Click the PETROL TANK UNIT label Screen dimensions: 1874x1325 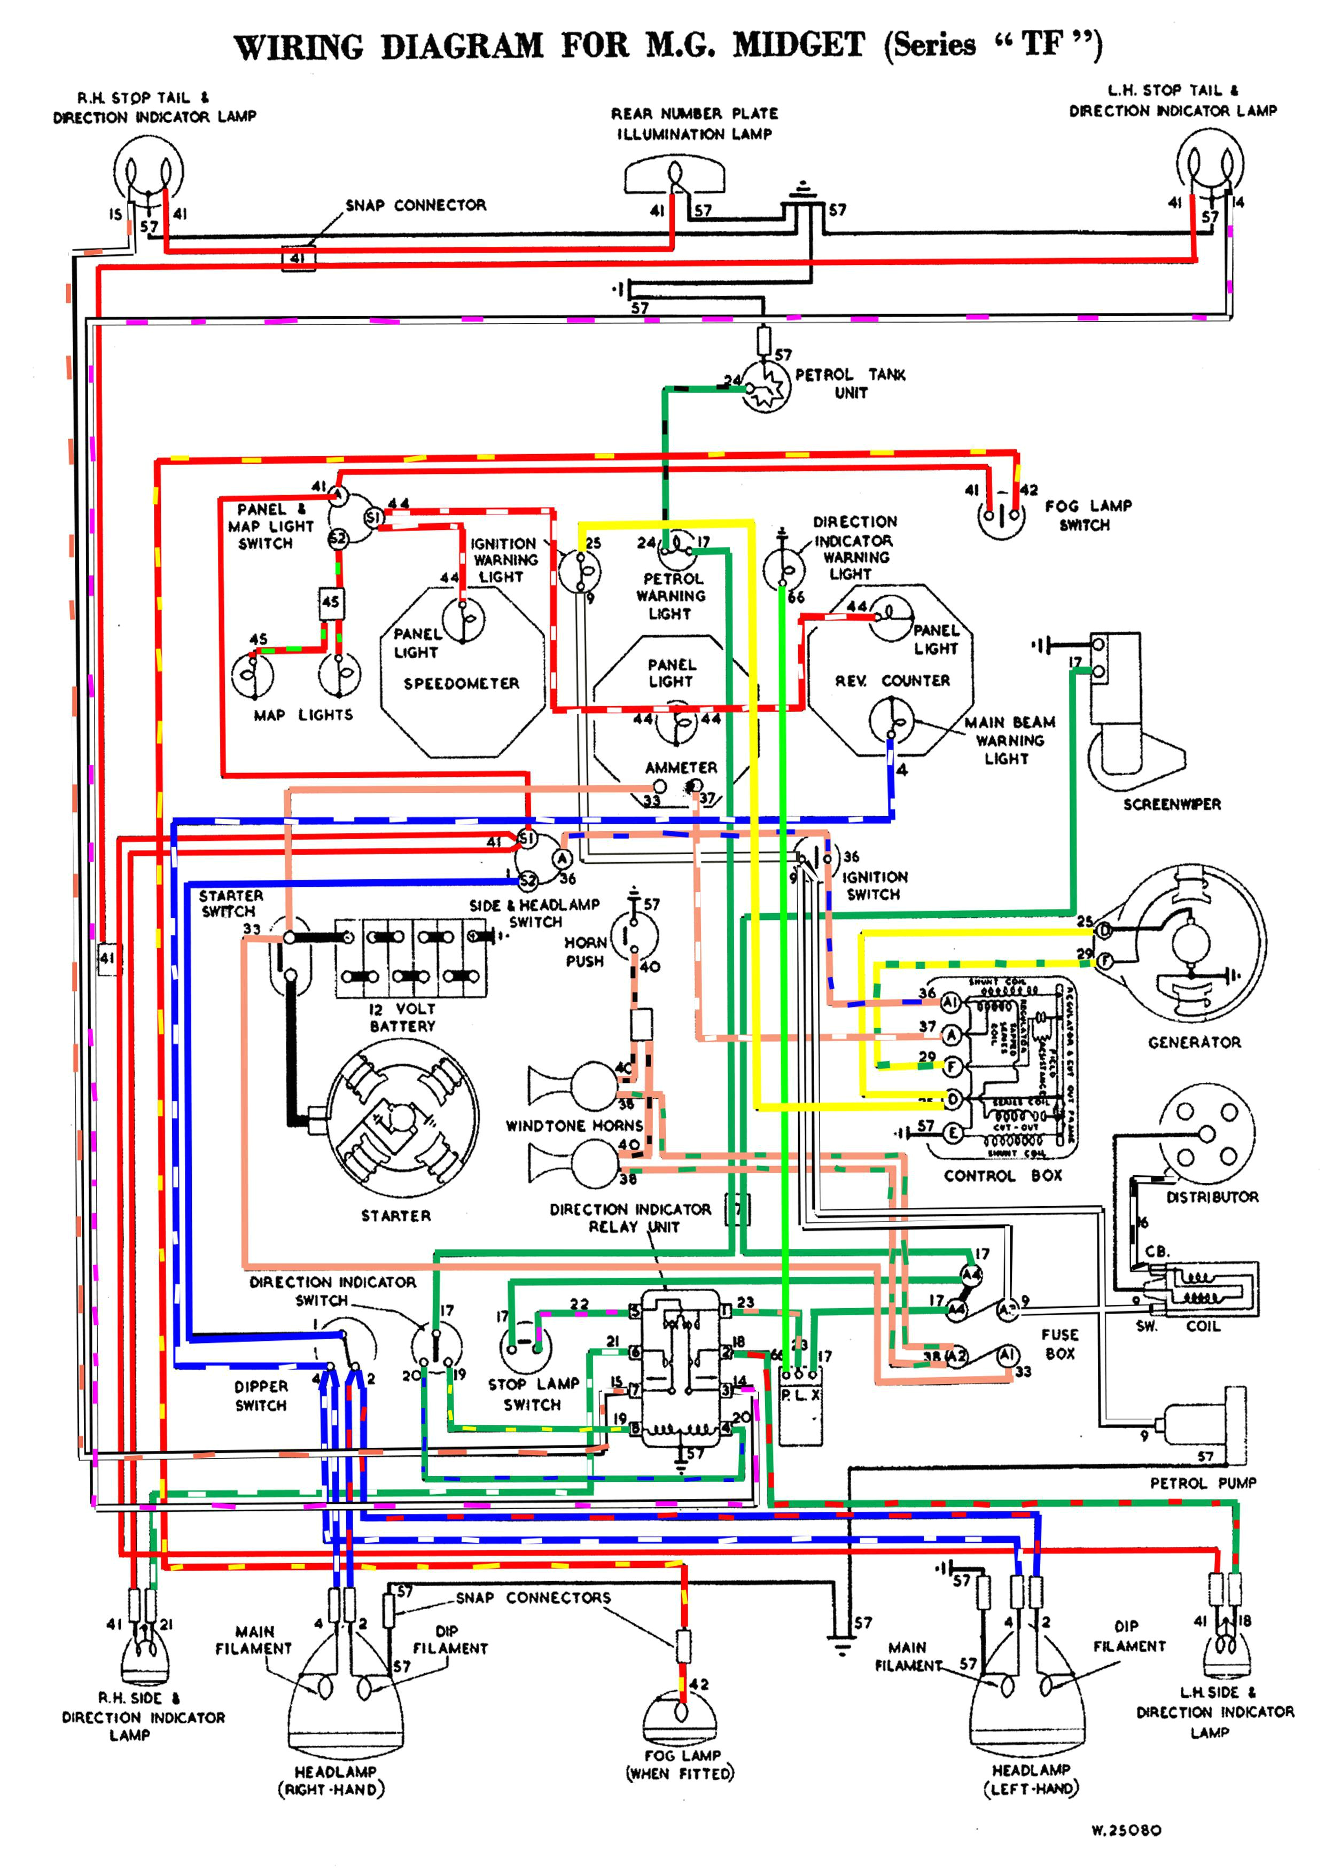click(x=850, y=384)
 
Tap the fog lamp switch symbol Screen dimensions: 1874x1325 click(x=1001, y=515)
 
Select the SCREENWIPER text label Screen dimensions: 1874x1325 click(x=1172, y=804)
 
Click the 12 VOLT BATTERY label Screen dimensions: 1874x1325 click(x=402, y=1017)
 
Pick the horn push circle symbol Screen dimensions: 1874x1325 click(x=634, y=936)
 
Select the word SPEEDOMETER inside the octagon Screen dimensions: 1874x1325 click(x=461, y=683)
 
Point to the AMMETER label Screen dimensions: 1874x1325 click(x=681, y=768)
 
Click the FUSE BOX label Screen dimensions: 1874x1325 click(x=1059, y=1344)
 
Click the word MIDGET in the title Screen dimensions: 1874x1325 click(x=798, y=45)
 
